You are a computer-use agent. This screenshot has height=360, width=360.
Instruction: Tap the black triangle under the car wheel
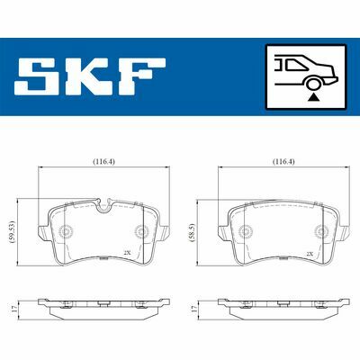click(313, 97)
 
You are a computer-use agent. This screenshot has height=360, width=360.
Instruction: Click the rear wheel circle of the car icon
click(313, 84)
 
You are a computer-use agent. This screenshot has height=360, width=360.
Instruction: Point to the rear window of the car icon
click(296, 65)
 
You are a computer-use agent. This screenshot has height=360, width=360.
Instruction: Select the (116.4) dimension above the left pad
click(103, 162)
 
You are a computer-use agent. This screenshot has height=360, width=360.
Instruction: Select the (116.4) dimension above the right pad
click(283, 162)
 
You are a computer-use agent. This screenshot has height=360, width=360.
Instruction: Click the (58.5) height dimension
click(193, 231)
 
